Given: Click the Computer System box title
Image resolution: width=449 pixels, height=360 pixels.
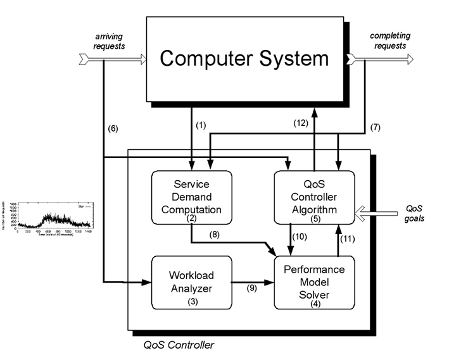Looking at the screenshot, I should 244,59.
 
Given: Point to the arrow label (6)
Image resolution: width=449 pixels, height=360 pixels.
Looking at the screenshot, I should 113,129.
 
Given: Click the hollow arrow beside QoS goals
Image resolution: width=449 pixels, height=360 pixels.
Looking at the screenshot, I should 376,211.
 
